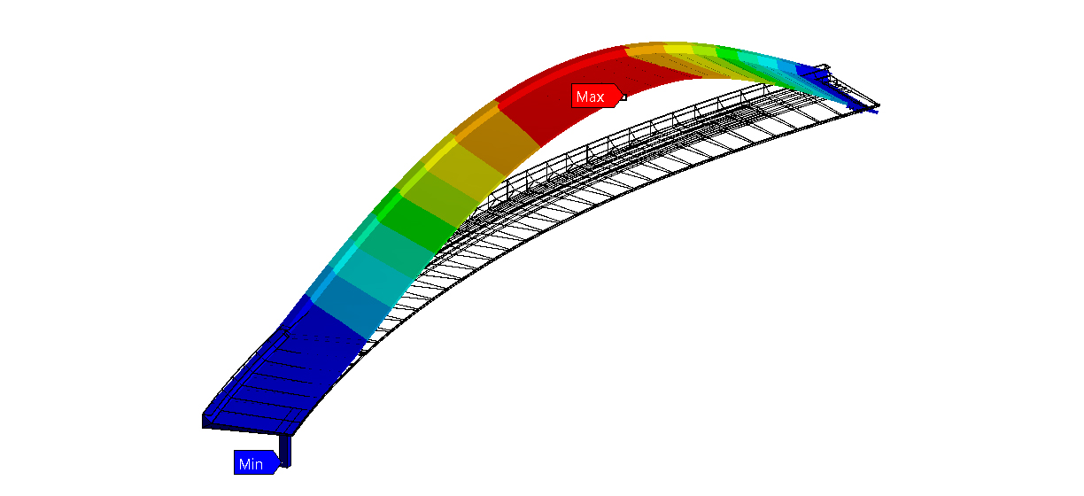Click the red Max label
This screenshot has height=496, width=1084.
coord(596,96)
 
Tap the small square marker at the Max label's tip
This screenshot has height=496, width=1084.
coord(623,97)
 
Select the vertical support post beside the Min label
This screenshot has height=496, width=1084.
coord(285,451)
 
